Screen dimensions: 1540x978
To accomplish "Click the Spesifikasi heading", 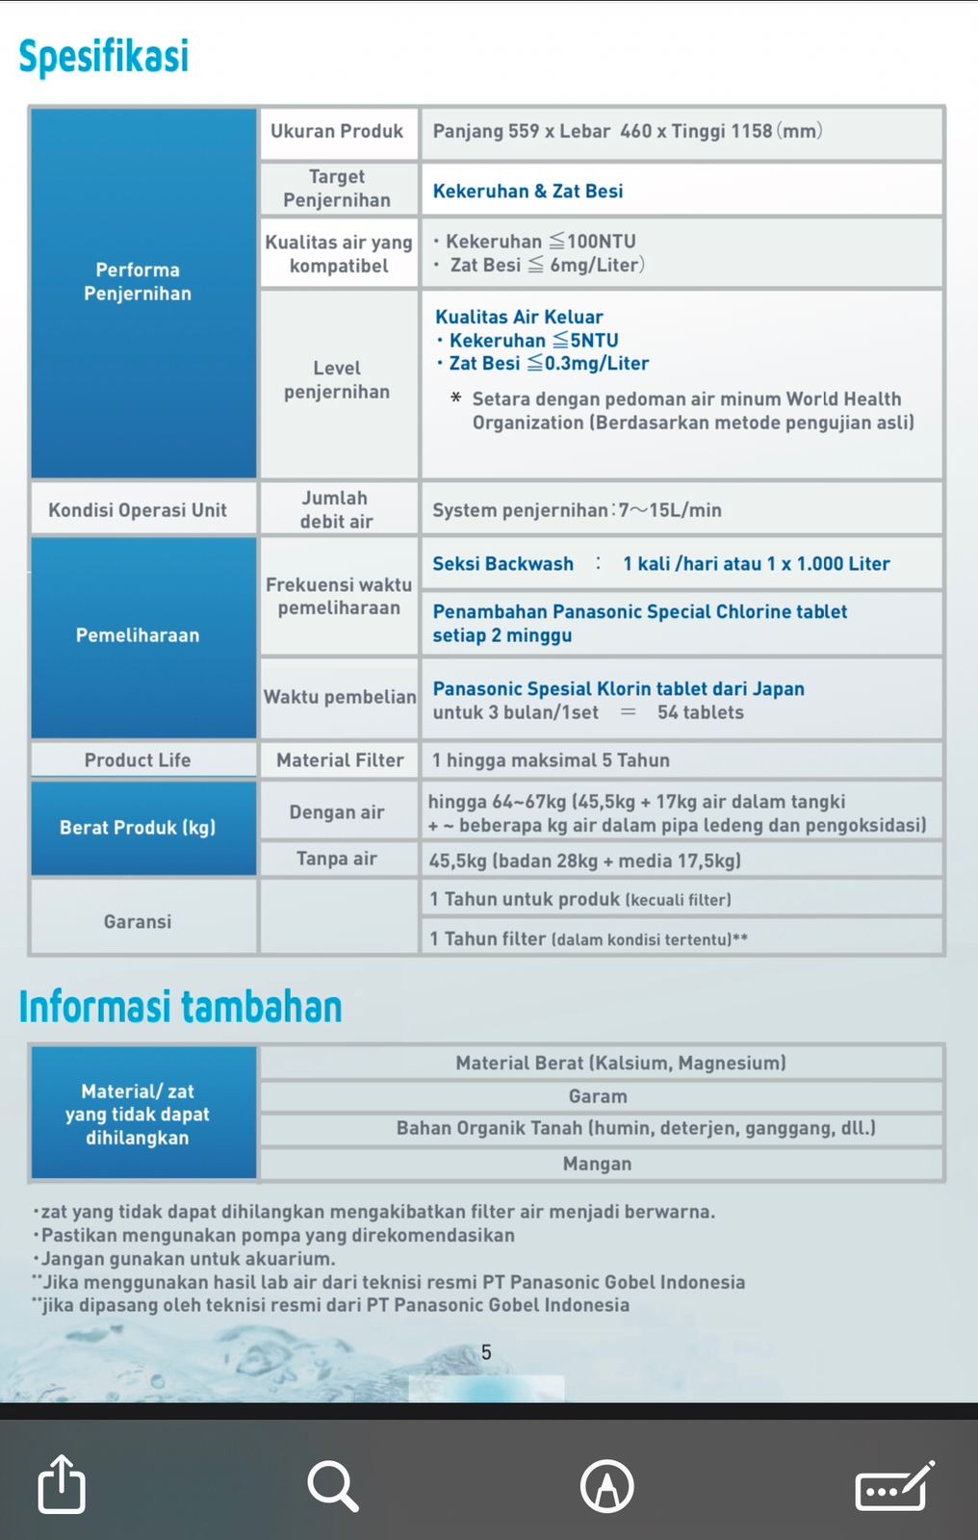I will point(104,56).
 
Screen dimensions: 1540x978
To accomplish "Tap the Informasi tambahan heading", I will point(180,1007).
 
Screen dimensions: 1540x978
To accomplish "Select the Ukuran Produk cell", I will point(337,132).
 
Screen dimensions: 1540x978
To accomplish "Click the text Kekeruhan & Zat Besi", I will point(528,191).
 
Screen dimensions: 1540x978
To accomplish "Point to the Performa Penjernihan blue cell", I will point(138,282).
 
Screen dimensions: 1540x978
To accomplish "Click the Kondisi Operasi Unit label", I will point(138,510).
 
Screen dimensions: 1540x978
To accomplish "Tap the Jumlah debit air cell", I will point(336,509).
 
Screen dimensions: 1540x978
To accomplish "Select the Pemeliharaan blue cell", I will point(138,635).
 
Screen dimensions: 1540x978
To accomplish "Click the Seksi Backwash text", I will point(502,564).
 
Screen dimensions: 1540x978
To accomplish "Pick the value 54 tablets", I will point(700,712).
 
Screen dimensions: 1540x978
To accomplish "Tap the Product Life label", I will point(138,759).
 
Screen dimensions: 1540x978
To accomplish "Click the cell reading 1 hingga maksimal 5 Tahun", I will point(551,760).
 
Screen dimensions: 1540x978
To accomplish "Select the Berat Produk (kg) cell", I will point(138,828).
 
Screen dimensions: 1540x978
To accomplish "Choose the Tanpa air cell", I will point(337,859).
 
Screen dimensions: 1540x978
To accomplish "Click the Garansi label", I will point(138,921).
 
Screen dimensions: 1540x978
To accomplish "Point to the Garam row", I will point(598,1096).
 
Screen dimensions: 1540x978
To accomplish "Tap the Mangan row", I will point(598,1164).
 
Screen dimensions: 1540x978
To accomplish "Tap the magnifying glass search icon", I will point(333,1485).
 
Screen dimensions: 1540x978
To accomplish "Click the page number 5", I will point(486,1352).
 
